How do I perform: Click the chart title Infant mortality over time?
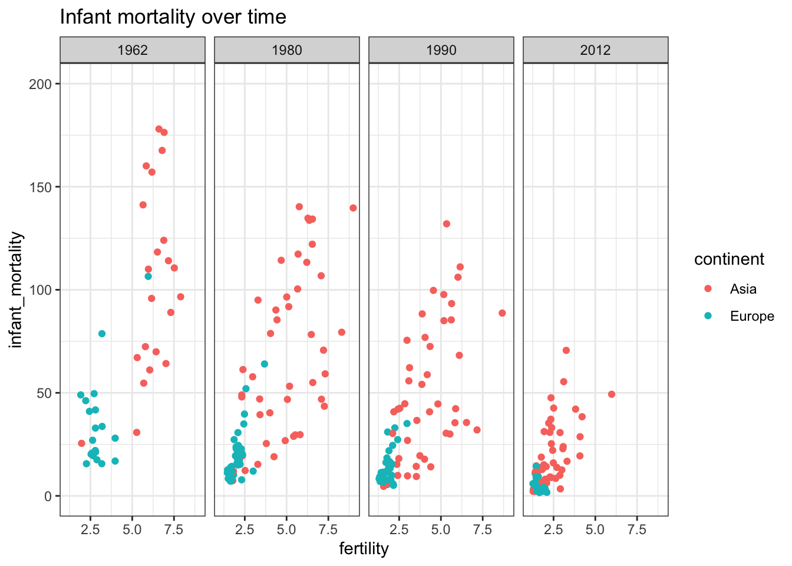[173, 17]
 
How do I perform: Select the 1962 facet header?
[133, 50]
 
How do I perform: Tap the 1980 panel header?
[287, 50]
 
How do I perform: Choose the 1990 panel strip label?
[441, 50]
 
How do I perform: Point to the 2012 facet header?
[596, 50]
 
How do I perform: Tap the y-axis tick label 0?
[48, 496]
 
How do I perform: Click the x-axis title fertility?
[364, 549]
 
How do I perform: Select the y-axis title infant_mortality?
[17, 289]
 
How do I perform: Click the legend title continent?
[729, 259]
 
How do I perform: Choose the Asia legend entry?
[743, 289]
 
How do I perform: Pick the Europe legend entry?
[752, 316]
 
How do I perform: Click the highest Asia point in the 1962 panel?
[159, 129]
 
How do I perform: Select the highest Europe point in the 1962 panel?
[148, 277]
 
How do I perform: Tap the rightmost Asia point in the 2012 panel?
[612, 394]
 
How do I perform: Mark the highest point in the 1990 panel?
[447, 224]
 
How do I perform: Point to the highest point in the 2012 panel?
[566, 350]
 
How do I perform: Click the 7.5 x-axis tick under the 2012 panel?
[637, 529]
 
